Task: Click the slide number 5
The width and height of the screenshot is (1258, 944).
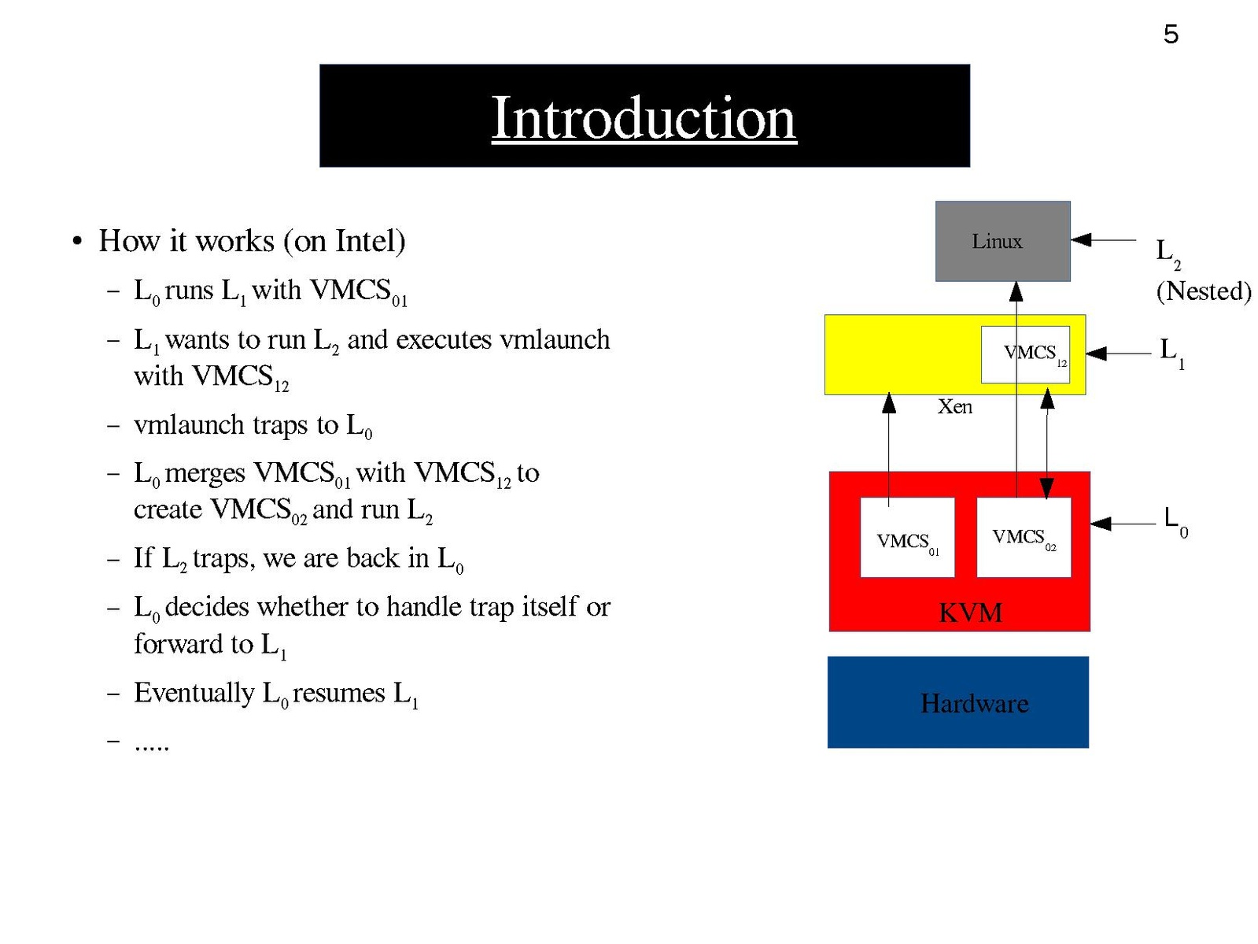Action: coord(1171,35)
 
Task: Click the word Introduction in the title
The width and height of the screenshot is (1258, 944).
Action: coord(644,118)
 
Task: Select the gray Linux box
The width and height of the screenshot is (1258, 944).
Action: coord(1002,240)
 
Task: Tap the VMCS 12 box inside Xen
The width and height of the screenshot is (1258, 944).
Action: coord(1025,354)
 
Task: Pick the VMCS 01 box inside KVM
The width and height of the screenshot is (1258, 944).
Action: coord(907,538)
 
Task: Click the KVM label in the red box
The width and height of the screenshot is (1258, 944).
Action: coord(970,613)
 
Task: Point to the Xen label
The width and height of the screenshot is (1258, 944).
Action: coord(954,407)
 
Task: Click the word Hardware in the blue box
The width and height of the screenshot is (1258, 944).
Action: coord(974,703)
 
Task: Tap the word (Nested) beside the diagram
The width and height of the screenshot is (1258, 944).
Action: coord(1204,291)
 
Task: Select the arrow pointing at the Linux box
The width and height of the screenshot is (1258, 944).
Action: coord(1103,239)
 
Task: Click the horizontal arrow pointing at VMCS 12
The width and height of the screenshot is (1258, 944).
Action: coord(1117,354)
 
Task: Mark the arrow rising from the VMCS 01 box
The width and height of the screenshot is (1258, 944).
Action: coord(889,449)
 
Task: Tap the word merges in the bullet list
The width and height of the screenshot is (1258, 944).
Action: coord(205,472)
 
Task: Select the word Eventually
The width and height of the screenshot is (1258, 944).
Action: coord(194,693)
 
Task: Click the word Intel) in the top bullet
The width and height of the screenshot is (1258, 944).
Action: coord(371,241)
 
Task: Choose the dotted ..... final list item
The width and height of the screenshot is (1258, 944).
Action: coord(152,744)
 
